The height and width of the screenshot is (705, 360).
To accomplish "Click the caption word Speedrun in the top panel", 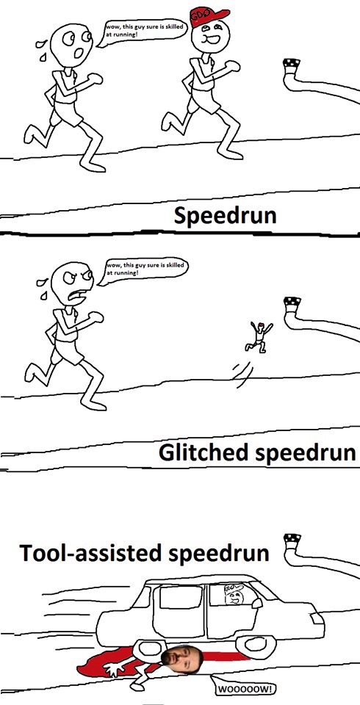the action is [x=225, y=216].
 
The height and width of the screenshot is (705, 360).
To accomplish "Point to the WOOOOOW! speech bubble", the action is [x=243, y=687].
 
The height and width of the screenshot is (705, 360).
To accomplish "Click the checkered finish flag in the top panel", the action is [x=292, y=63].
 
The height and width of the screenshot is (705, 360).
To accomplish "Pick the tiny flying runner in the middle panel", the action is [x=259, y=336].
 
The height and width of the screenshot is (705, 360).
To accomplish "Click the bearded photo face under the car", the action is [x=183, y=660].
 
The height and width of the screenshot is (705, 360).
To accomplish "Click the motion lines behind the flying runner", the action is [x=241, y=375].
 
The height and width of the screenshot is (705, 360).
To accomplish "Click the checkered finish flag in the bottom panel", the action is [x=292, y=538].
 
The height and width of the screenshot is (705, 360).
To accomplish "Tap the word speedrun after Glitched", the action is [x=305, y=453].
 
